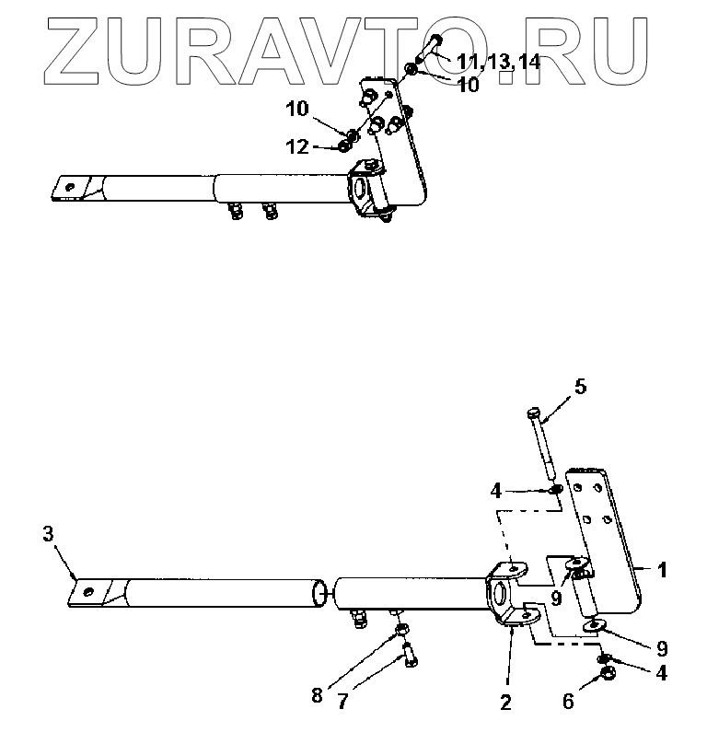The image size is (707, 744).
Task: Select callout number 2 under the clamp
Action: click(x=505, y=703)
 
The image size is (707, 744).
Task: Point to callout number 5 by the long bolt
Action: click(x=580, y=388)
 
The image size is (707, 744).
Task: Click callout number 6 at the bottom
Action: click(x=568, y=703)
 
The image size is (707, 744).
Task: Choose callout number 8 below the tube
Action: click(x=318, y=695)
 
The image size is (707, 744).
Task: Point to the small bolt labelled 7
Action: click(x=409, y=655)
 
